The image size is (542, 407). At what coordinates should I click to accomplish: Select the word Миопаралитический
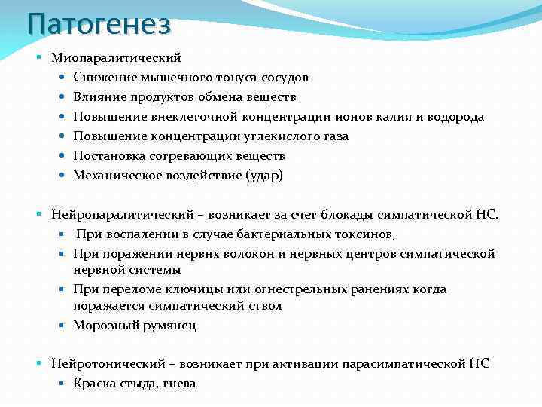click(116, 57)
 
